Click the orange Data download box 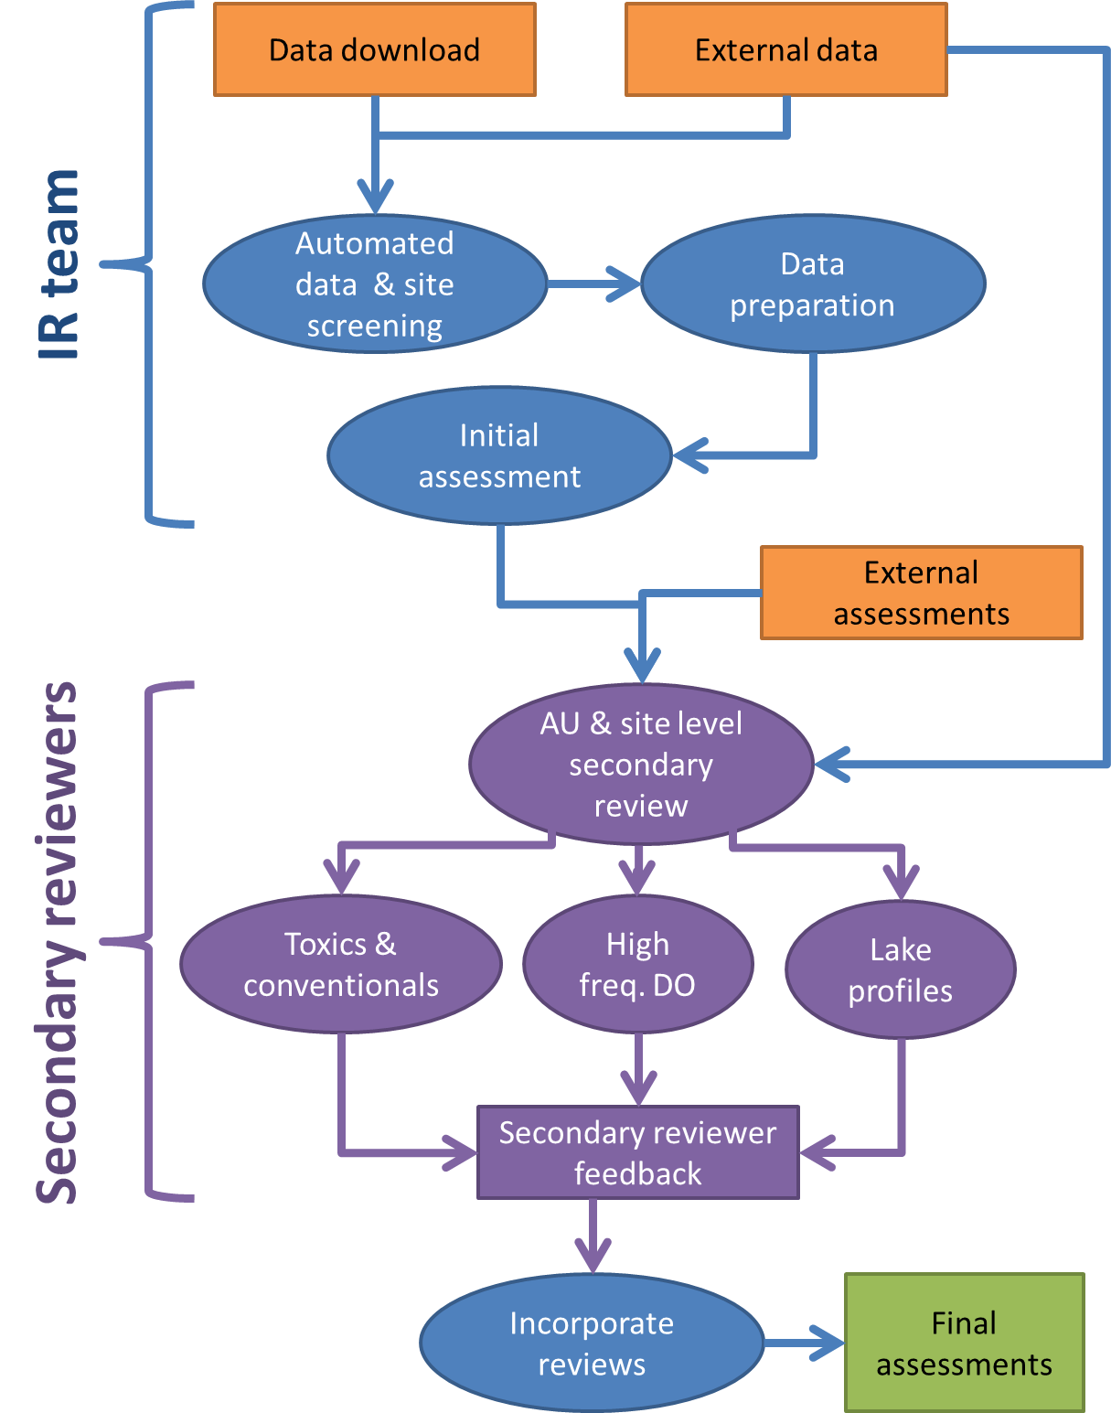(x=374, y=49)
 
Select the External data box (x=785, y=49)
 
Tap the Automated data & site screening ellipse (x=375, y=284)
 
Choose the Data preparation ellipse (x=813, y=284)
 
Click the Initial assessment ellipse (x=499, y=455)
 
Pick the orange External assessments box (x=921, y=593)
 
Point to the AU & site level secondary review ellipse (x=641, y=764)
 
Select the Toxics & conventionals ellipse (x=341, y=964)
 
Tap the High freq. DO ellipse (x=637, y=964)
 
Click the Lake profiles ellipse (x=901, y=969)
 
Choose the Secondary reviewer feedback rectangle (x=637, y=1152)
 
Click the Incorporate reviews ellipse (x=592, y=1343)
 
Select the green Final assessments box (x=964, y=1343)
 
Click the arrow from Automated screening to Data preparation (x=594, y=284)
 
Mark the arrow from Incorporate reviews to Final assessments (x=805, y=1343)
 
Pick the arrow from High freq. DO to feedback (x=638, y=1070)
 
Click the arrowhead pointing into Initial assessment (x=691, y=455)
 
